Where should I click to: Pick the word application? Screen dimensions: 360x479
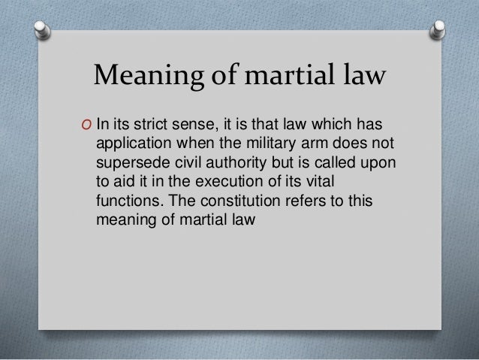pyautogui.click(x=131, y=144)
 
